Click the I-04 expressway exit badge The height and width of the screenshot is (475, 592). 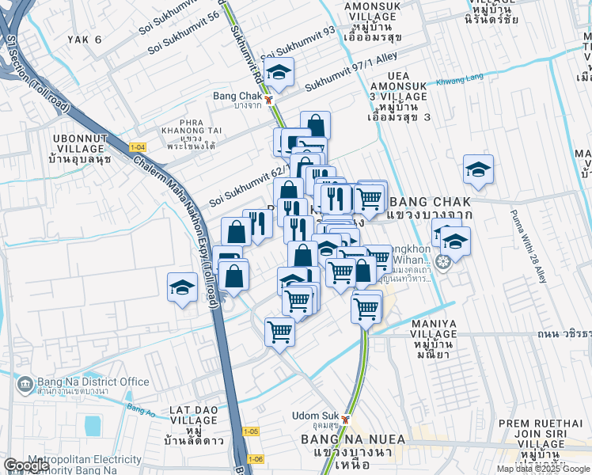pyautogui.click(x=138, y=146)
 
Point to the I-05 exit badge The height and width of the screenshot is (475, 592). pyautogui.click(x=250, y=431)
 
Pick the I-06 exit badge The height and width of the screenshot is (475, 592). pyautogui.click(x=254, y=458)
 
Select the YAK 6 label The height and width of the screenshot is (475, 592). pyautogui.click(x=86, y=39)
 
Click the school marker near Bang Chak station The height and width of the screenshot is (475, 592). pyautogui.click(x=278, y=73)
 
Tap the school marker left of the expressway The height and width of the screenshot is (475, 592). pyautogui.click(x=182, y=287)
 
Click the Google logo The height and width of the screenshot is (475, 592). pyautogui.click(x=26, y=465)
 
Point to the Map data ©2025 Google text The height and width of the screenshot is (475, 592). pyautogui.click(x=543, y=469)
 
